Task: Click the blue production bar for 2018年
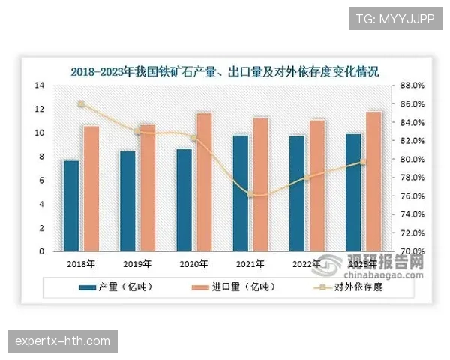point(70,205)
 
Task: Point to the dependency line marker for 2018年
point(81,104)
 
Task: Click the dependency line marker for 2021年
point(251,194)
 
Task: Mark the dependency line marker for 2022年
point(307,178)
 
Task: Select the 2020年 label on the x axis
point(194,264)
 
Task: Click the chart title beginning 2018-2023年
point(225,72)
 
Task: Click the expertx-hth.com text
point(63,341)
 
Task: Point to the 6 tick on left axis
point(42,180)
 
